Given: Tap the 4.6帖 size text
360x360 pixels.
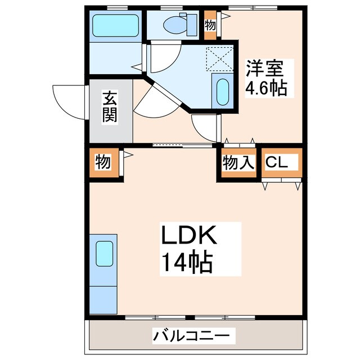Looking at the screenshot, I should (266, 88).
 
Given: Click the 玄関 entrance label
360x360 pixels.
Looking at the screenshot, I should (110, 107).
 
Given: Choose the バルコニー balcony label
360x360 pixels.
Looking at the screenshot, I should (191, 336).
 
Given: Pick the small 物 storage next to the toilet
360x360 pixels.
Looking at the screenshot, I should (209, 25).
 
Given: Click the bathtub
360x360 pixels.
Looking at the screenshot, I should (115, 25).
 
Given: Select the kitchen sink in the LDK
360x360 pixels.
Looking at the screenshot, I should (104, 254).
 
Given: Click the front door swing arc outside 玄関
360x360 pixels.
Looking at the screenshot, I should (69, 101).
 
